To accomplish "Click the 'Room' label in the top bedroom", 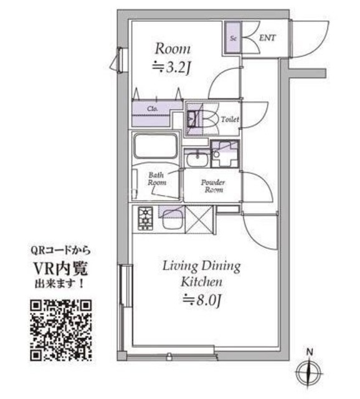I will [173, 49].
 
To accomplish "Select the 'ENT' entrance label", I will [267, 38].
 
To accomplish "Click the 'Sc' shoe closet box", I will [234, 38].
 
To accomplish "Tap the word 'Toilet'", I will [230, 118].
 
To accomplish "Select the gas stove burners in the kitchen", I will [144, 218].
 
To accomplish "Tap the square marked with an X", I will [201, 219].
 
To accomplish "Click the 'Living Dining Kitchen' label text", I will [201, 274].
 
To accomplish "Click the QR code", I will [61, 330].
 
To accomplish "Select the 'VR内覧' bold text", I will [60, 270].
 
